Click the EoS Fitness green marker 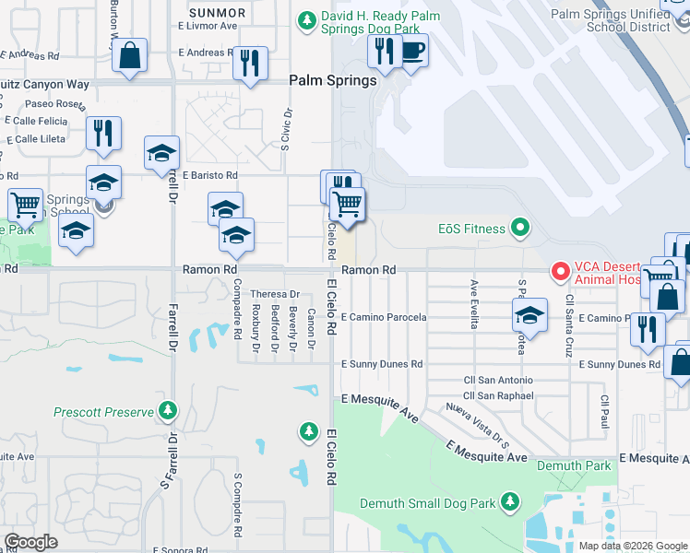(520, 228)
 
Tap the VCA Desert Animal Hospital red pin (560, 271)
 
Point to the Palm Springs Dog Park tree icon (305, 19)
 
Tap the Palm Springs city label (333, 81)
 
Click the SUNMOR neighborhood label (217, 13)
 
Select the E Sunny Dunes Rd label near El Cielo (382, 365)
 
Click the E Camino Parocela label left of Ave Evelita (384, 318)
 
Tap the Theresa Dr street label (269, 294)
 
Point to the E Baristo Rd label (209, 174)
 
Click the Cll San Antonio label (497, 380)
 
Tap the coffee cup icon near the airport (412, 51)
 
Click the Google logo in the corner (30, 542)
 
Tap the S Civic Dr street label (286, 138)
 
